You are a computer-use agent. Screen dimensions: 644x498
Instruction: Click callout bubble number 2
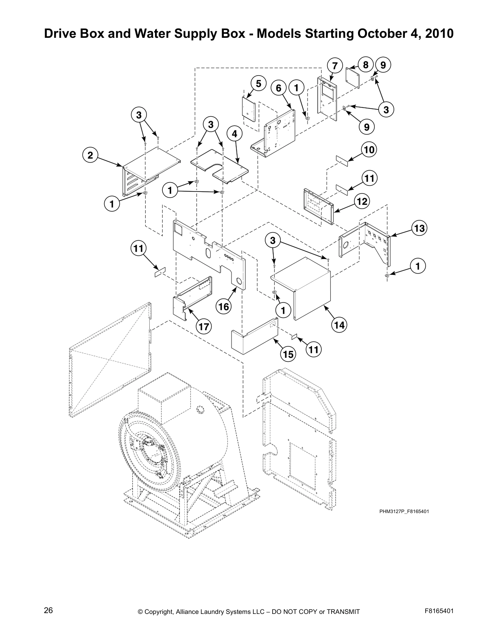(x=90, y=155)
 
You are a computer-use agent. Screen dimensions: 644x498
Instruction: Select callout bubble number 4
(x=234, y=133)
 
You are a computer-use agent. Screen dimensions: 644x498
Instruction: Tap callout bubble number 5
(x=258, y=83)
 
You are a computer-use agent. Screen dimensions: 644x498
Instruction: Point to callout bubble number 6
(x=279, y=88)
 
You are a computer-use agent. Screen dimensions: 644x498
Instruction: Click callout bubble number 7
(x=334, y=66)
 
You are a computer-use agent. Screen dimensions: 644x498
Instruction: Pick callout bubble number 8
(x=365, y=65)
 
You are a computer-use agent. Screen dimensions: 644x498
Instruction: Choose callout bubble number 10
(x=369, y=150)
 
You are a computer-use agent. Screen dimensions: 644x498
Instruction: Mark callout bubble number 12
(x=362, y=201)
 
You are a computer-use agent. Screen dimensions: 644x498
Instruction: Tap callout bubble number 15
(x=288, y=354)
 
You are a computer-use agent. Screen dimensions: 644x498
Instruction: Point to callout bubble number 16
(x=224, y=307)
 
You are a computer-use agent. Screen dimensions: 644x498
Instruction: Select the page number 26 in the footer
(x=48, y=610)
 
